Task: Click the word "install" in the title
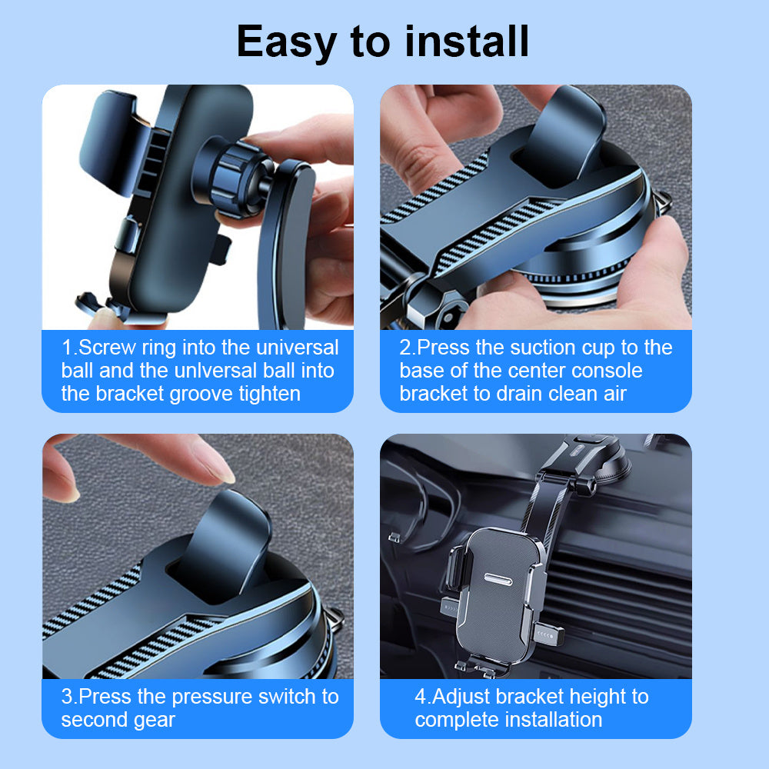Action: click(x=467, y=42)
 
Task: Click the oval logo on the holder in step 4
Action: click(x=498, y=579)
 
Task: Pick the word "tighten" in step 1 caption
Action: click(x=270, y=394)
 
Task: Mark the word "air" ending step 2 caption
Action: click(x=615, y=394)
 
